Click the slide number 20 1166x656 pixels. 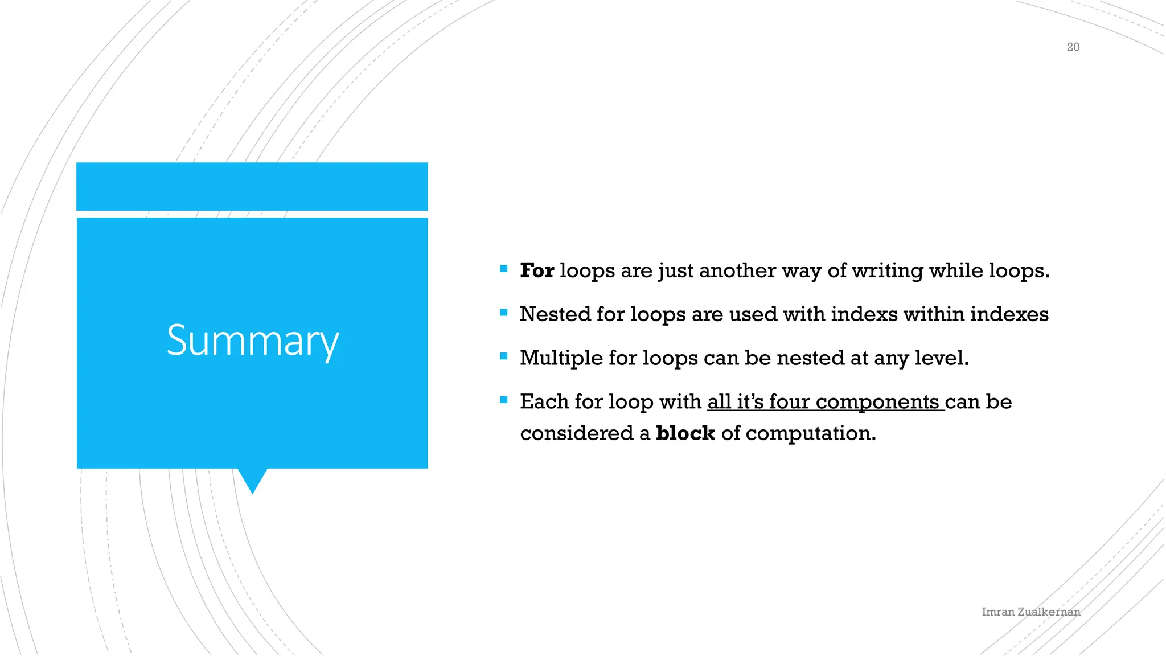pos(1073,47)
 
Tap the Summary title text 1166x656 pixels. pos(252,341)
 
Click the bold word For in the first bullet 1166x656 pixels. pos(536,270)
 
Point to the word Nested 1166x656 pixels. pos(555,314)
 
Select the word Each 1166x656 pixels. pos(544,402)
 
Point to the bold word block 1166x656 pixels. pos(685,433)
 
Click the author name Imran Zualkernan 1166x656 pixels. pos(1030,612)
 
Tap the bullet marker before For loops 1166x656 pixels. pos(503,268)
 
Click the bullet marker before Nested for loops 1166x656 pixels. pos(503,312)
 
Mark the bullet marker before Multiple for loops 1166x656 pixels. pos(503,356)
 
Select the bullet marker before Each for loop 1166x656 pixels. pos(503,400)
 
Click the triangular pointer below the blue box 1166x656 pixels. pos(252,479)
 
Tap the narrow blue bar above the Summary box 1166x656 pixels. pos(252,186)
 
